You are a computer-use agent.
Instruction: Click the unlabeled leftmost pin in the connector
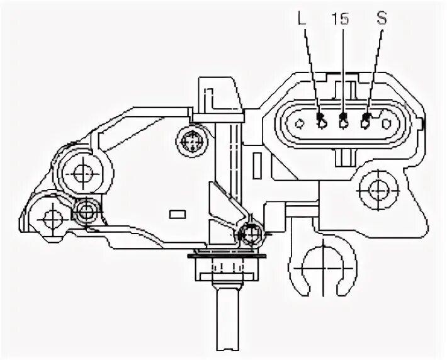pyautogui.click(x=298, y=123)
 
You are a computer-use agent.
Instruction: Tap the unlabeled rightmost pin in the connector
pyautogui.click(x=387, y=123)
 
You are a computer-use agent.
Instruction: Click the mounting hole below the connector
pyautogui.click(x=377, y=187)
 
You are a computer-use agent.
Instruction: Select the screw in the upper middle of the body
pyautogui.click(x=190, y=142)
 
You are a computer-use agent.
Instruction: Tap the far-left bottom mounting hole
pyautogui.click(x=50, y=218)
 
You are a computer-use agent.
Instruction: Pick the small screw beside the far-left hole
pyautogui.click(x=84, y=211)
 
